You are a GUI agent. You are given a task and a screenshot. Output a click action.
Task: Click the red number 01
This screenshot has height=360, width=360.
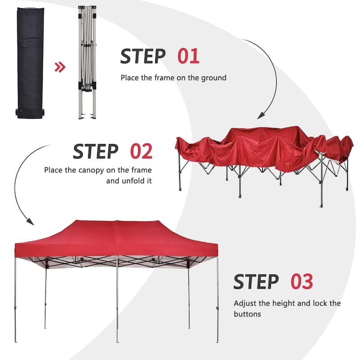tap(188, 56)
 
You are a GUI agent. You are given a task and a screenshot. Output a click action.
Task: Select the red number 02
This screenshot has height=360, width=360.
tap(141, 152)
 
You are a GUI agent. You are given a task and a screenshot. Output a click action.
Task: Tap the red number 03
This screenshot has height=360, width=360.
tap(301, 282)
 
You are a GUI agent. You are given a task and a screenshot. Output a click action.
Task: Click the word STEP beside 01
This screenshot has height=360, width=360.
tap(143, 56)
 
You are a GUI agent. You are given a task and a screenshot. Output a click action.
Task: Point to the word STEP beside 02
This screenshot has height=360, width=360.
tap(95, 152)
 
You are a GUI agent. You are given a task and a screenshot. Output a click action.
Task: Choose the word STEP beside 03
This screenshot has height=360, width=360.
tap(256, 282)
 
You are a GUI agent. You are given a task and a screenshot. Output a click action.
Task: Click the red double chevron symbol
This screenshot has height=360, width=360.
tap(60, 67)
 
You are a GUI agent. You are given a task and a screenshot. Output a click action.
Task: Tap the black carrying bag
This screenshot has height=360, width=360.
tap(30, 63)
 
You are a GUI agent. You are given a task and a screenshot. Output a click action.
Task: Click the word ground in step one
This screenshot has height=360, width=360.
tap(214, 78)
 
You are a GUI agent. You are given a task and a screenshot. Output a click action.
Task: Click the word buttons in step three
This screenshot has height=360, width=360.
tap(248, 314)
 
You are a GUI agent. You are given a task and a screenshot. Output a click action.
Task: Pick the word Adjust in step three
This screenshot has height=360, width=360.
tap(245, 303)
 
